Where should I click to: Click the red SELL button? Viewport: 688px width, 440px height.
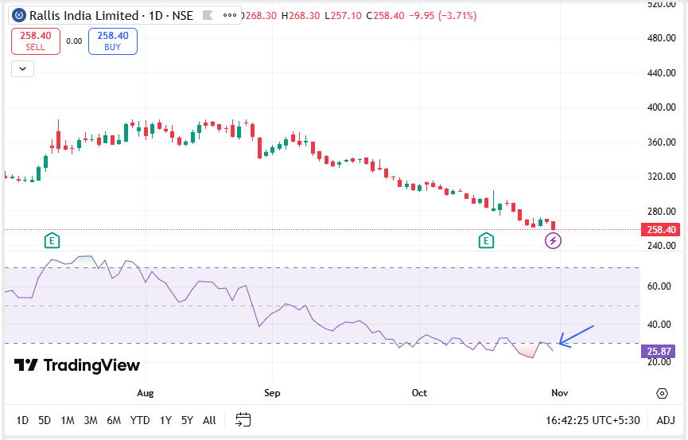point(34,41)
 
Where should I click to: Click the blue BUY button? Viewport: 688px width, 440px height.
point(113,41)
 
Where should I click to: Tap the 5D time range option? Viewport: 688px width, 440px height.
point(45,420)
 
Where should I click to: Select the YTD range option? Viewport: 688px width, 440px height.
point(140,420)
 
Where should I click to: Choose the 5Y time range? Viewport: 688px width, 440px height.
point(187,420)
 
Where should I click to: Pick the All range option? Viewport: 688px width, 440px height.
point(209,420)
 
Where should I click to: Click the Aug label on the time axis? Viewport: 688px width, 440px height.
point(145,393)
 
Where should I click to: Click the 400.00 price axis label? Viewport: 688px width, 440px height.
point(662,107)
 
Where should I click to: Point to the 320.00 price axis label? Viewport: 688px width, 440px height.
point(662,177)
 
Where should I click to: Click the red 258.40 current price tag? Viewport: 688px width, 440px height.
point(662,230)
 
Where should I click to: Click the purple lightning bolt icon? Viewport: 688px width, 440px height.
point(553,240)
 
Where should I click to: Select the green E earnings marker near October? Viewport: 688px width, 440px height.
point(486,240)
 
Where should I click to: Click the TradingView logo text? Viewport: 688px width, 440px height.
point(78,365)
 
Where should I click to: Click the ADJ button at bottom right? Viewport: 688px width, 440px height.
point(665,420)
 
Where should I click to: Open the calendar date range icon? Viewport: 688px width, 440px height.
point(243,419)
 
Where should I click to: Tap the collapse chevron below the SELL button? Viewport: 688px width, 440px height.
point(22,69)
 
